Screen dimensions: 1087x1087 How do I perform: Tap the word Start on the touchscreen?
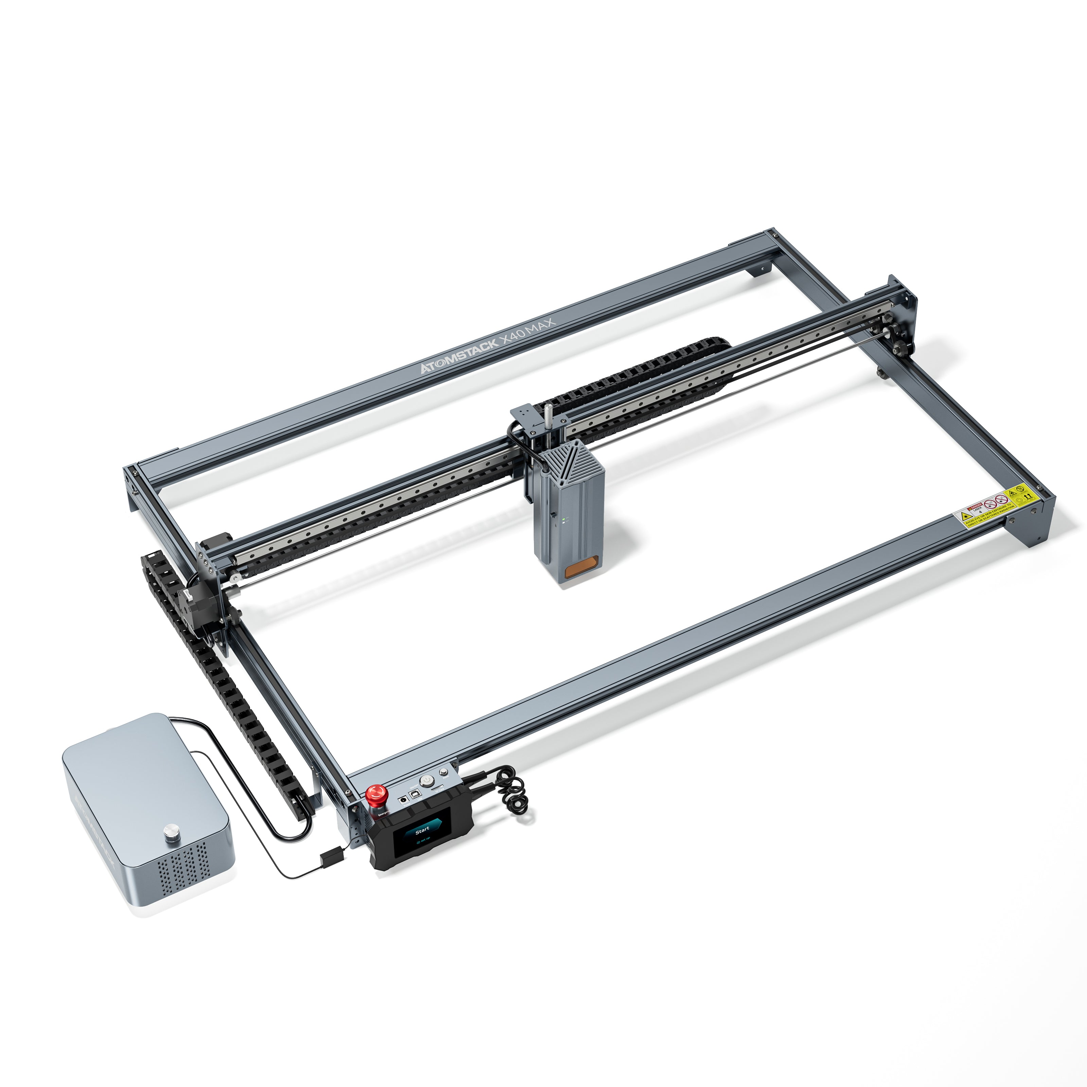click(x=422, y=829)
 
